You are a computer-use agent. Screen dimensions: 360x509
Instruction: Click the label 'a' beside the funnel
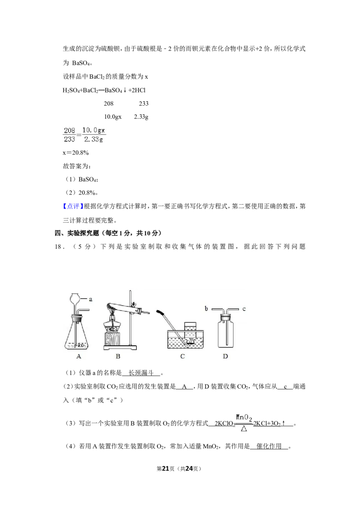point(90,299)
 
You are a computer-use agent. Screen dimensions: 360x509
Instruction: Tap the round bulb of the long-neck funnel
point(76,298)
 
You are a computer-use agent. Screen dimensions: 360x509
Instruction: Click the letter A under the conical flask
point(79,356)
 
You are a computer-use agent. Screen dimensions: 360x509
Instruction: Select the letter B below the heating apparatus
point(118,356)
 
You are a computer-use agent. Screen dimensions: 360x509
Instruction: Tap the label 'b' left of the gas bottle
point(206,308)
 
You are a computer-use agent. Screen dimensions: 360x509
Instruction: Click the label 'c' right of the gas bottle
point(244,309)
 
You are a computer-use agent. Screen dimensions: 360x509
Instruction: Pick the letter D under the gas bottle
point(225,356)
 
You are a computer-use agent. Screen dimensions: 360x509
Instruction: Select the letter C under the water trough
point(182,356)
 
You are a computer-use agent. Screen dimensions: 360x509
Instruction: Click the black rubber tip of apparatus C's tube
point(160,312)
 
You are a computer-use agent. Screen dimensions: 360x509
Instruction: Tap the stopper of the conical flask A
point(77,317)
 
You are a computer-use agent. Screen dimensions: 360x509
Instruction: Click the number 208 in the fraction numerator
point(70,130)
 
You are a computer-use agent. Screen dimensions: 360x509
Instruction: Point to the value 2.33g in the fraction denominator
point(94,139)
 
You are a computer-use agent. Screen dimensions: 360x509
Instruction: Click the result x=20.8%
point(76,152)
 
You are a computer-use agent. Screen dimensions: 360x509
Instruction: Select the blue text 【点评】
point(73,206)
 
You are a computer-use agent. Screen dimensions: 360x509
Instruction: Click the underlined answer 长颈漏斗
point(141,373)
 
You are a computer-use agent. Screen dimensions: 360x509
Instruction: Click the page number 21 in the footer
point(166,469)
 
